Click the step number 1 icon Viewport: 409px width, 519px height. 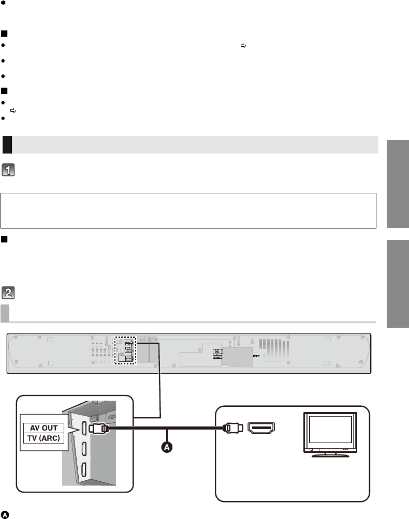click(x=8, y=170)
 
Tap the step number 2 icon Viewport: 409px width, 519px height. click(x=8, y=293)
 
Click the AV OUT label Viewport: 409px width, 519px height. click(x=44, y=428)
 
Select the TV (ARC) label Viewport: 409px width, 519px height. click(x=44, y=438)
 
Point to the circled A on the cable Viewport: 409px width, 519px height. click(x=167, y=447)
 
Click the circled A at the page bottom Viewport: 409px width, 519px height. click(x=5, y=515)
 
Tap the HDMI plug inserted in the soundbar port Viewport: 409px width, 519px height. click(x=98, y=429)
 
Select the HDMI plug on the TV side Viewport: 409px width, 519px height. click(x=233, y=428)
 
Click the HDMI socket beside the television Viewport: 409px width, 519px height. click(x=261, y=428)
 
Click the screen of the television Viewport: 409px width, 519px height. click(x=330, y=429)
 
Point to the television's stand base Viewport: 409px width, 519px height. click(x=330, y=455)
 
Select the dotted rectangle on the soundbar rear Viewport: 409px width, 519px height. click(x=125, y=350)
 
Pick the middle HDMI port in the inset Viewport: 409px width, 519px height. click(x=84, y=449)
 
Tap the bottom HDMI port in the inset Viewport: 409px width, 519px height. click(x=84, y=470)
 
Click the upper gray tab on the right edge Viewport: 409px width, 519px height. click(x=398, y=184)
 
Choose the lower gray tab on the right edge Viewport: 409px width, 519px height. click(x=398, y=284)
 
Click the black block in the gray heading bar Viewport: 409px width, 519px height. click(x=7, y=145)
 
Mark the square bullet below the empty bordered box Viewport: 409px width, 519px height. click(x=4, y=239)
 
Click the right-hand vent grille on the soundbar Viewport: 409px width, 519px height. click(x=274, y=350)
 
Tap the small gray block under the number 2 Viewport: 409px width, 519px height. click(x=5, y=313)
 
